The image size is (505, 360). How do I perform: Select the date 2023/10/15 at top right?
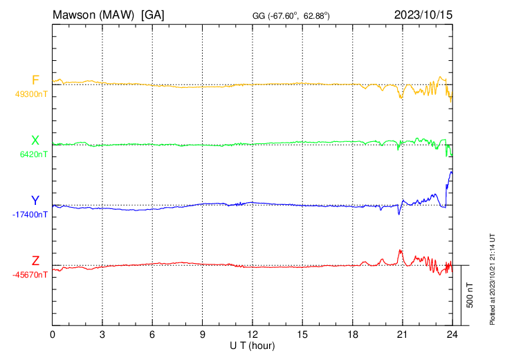tap(422, 14)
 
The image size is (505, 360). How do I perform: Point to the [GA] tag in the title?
tap(152, 14)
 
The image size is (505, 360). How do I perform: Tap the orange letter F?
tap(35, 80)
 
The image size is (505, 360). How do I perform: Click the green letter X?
tap(35, 141)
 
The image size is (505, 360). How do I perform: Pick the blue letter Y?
tap(35, 201)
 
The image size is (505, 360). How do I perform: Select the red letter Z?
tap(35, 260)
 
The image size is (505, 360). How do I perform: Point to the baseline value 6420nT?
tap(34, 154)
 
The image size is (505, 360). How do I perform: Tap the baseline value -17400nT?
tap(30, 215)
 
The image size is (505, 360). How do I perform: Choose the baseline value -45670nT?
tap(30, 275)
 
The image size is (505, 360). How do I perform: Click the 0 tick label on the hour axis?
tap(53, 333)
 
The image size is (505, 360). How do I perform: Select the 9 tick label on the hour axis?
tap(203, 333)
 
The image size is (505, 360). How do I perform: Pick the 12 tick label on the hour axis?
tap(252, 333)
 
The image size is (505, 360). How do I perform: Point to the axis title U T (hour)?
tap(252, 344)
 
